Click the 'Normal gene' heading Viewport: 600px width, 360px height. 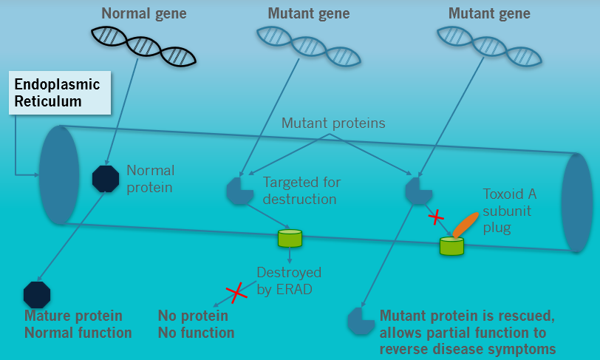tap(143, 13)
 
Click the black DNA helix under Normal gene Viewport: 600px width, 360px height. tap(143, 45)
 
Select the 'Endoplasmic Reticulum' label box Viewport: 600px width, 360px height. tap(59, 92)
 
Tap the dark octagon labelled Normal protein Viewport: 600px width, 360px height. tap(106, 178)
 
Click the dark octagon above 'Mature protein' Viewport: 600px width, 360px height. tap(37, 294)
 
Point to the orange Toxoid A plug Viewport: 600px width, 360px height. tap(465, 224)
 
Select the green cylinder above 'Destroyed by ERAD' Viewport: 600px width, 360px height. tap(290, 237)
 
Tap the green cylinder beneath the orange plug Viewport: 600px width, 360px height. tap(451, 245)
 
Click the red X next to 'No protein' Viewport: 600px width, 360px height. tap(236, 293)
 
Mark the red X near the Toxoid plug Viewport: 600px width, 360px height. tap(437, 217)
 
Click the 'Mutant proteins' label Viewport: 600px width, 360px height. tap(333, 123)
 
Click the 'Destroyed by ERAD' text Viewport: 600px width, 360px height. tap(284, 280)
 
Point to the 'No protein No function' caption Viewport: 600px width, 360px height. tap(196, 324)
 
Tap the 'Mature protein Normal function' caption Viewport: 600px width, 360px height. tap(78, 324)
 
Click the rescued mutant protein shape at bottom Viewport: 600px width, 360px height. tap(361, 321)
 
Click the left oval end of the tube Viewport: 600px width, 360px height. tap(59, 174)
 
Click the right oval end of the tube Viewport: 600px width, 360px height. tap(576, 202)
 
